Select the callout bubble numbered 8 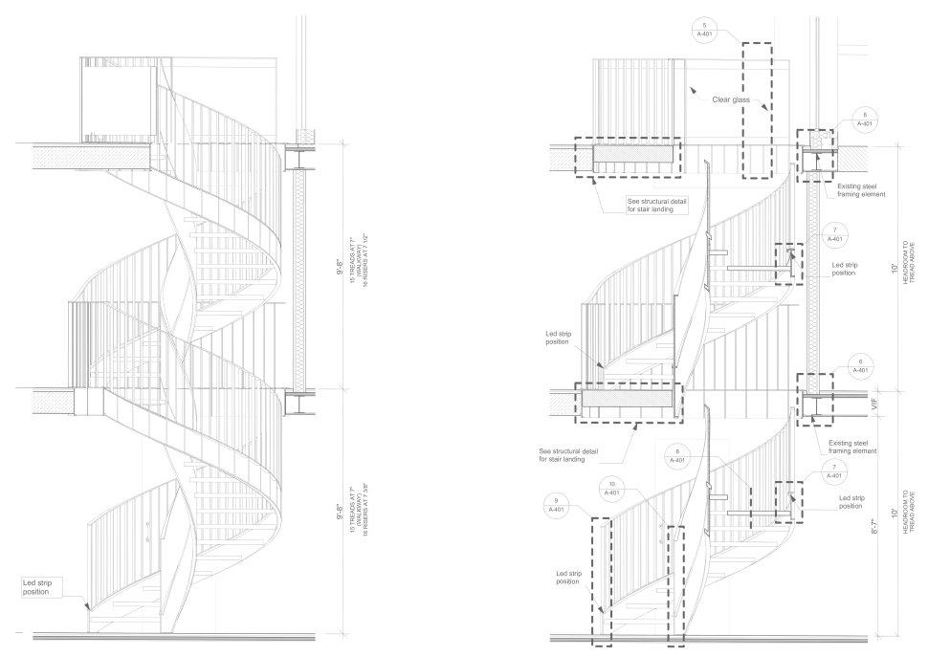677,455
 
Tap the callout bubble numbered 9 556,504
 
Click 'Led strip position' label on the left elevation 42,586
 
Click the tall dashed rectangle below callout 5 756,110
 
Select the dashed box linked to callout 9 602,580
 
